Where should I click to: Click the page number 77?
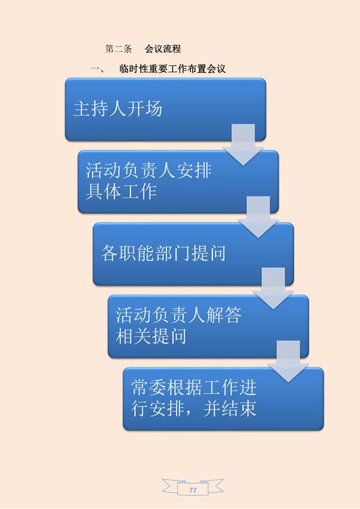coord(193,490)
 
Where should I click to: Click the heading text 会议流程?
coord(162,49)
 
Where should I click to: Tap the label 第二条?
coord(118,49)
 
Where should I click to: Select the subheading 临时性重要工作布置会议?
coord(172,69)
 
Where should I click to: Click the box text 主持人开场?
coord(118,109)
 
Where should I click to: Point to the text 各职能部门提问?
coord(163,254)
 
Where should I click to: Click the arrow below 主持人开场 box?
coord(243,145)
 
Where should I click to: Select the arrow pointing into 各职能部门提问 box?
coord(259,217)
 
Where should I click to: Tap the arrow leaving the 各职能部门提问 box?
coord(274,289)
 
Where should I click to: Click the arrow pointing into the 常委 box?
coord(289,361)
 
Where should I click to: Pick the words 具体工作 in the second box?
coord(121,191)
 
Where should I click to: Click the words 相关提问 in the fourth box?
coord(151,336)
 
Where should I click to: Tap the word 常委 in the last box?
coord(149,387)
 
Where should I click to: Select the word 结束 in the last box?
coord(238,408)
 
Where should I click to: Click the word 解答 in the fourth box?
coord(224,315)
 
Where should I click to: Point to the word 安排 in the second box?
coord(194,170)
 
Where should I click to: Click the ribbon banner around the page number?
coord(193,487)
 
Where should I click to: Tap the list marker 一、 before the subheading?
coord(97,69)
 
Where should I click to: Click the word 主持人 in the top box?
coord(100,109)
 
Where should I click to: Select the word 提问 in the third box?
coord(209,254)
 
